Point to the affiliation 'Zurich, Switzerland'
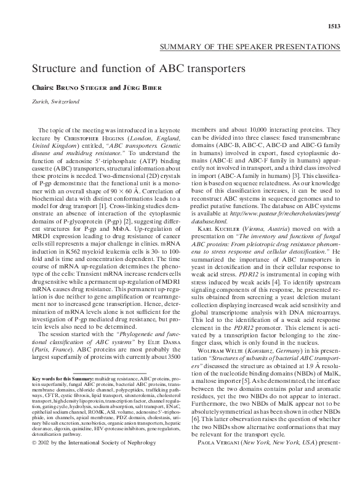pos(56,102)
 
